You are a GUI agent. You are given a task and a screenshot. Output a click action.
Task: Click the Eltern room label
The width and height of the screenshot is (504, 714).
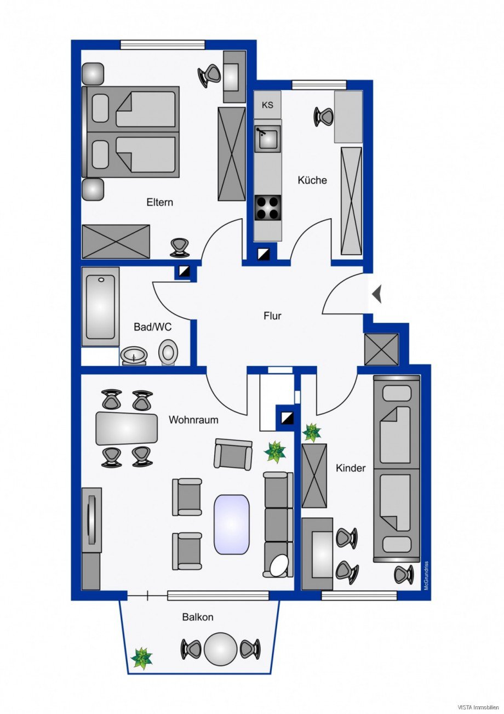point(159,202)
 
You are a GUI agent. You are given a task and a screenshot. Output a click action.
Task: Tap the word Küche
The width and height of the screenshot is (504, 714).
point(312,180)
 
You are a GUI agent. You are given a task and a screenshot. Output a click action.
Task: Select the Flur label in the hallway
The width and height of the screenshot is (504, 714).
point(272,316)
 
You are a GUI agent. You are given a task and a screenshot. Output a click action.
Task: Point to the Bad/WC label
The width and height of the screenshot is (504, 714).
point(153,327)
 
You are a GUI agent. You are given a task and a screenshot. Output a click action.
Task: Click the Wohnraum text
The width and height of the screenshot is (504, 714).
point(193,420)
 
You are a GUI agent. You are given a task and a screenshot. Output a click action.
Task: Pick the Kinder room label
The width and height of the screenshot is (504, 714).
point(350,468)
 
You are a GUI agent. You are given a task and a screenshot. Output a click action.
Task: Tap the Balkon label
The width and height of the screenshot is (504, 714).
point(198,617)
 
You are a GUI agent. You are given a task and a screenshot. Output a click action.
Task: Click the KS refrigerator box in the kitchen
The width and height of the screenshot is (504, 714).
point(267,105)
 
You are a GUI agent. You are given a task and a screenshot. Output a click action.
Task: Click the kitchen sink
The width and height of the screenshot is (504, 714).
point(268,138)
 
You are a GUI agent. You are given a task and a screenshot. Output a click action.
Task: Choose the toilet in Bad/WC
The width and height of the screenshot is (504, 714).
point(168,351)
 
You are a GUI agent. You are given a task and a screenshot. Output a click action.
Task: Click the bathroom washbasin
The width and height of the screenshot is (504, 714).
point(134,356)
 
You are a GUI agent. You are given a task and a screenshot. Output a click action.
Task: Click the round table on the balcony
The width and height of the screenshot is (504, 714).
point(221,649)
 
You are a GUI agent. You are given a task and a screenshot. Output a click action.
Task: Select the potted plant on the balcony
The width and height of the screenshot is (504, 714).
point(142,658)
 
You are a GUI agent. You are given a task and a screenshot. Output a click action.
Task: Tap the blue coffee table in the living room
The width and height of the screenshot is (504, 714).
point(231,523)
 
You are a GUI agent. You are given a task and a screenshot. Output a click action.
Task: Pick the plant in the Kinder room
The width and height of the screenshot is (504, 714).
point(312,432)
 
